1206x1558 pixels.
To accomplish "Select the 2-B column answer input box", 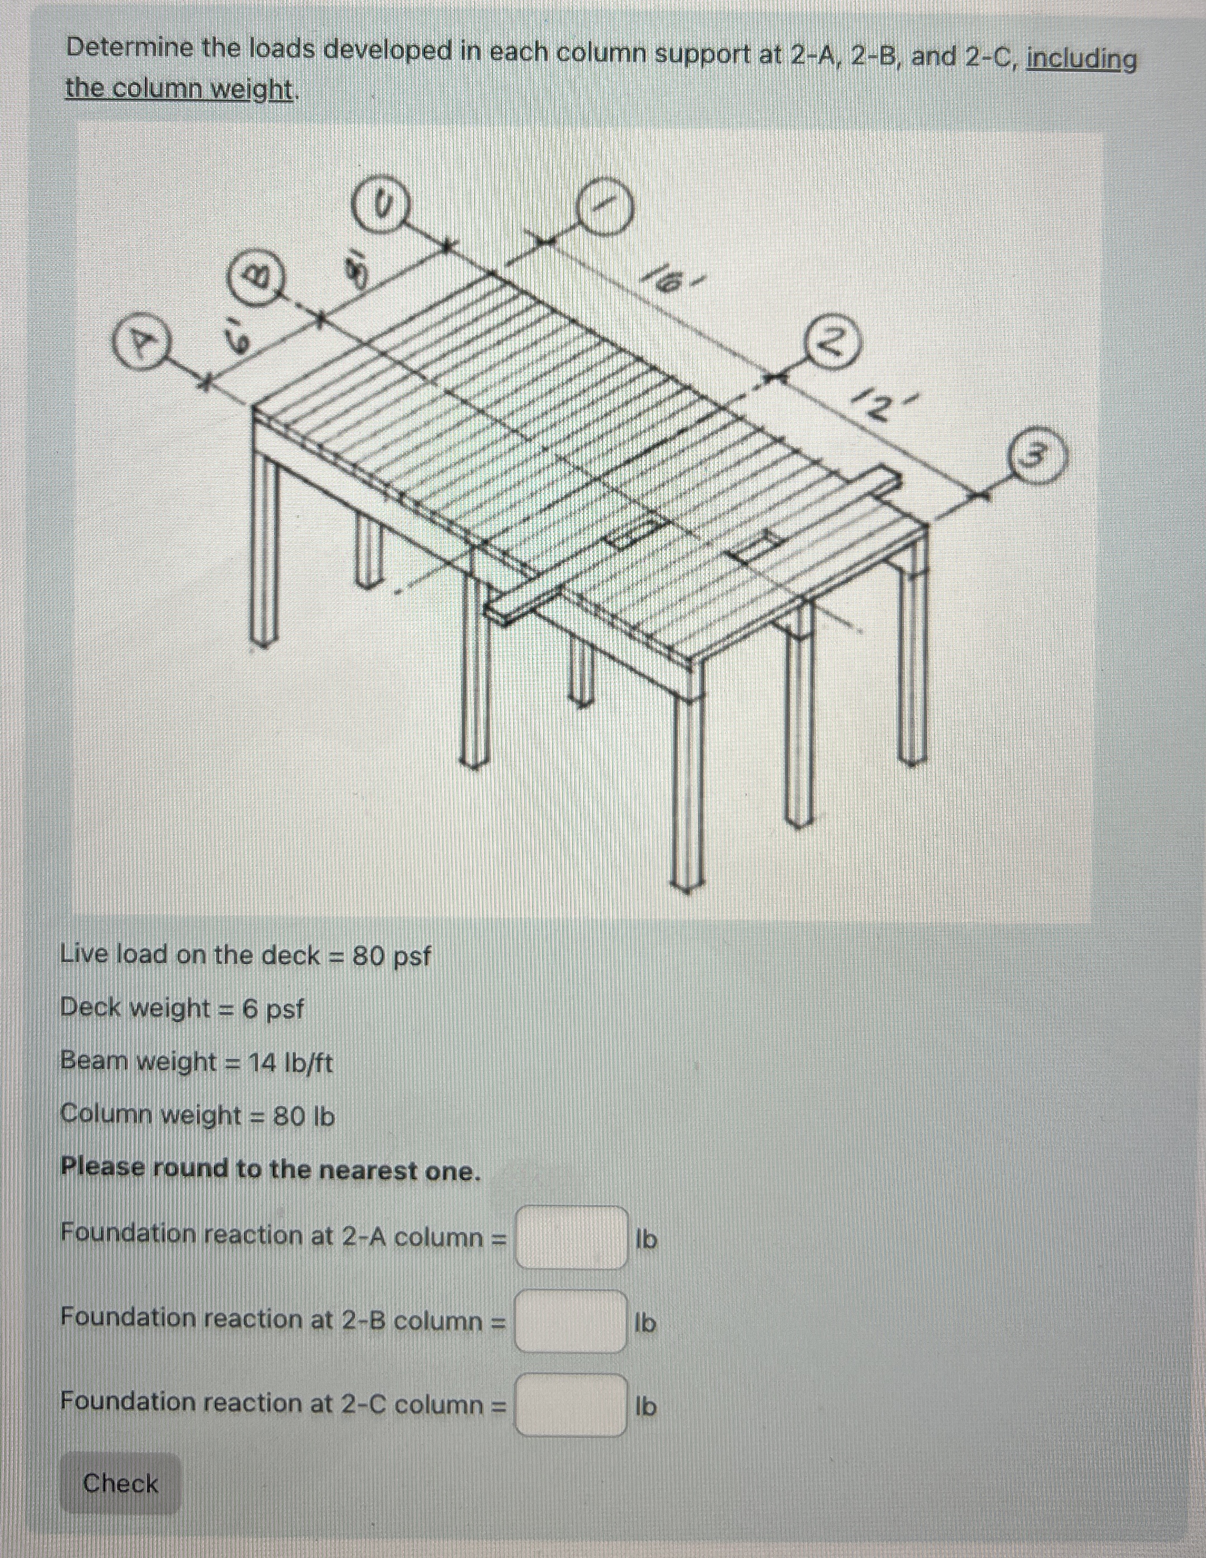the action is click(x=571, y=1321).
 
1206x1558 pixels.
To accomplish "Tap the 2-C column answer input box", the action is click(x=571, y=1405).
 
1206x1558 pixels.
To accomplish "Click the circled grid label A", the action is click(x=142, y=345).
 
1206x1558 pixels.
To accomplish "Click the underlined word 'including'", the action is click(x=1081, y=59).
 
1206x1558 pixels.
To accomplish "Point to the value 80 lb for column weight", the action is click(x=304, y=1116).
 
